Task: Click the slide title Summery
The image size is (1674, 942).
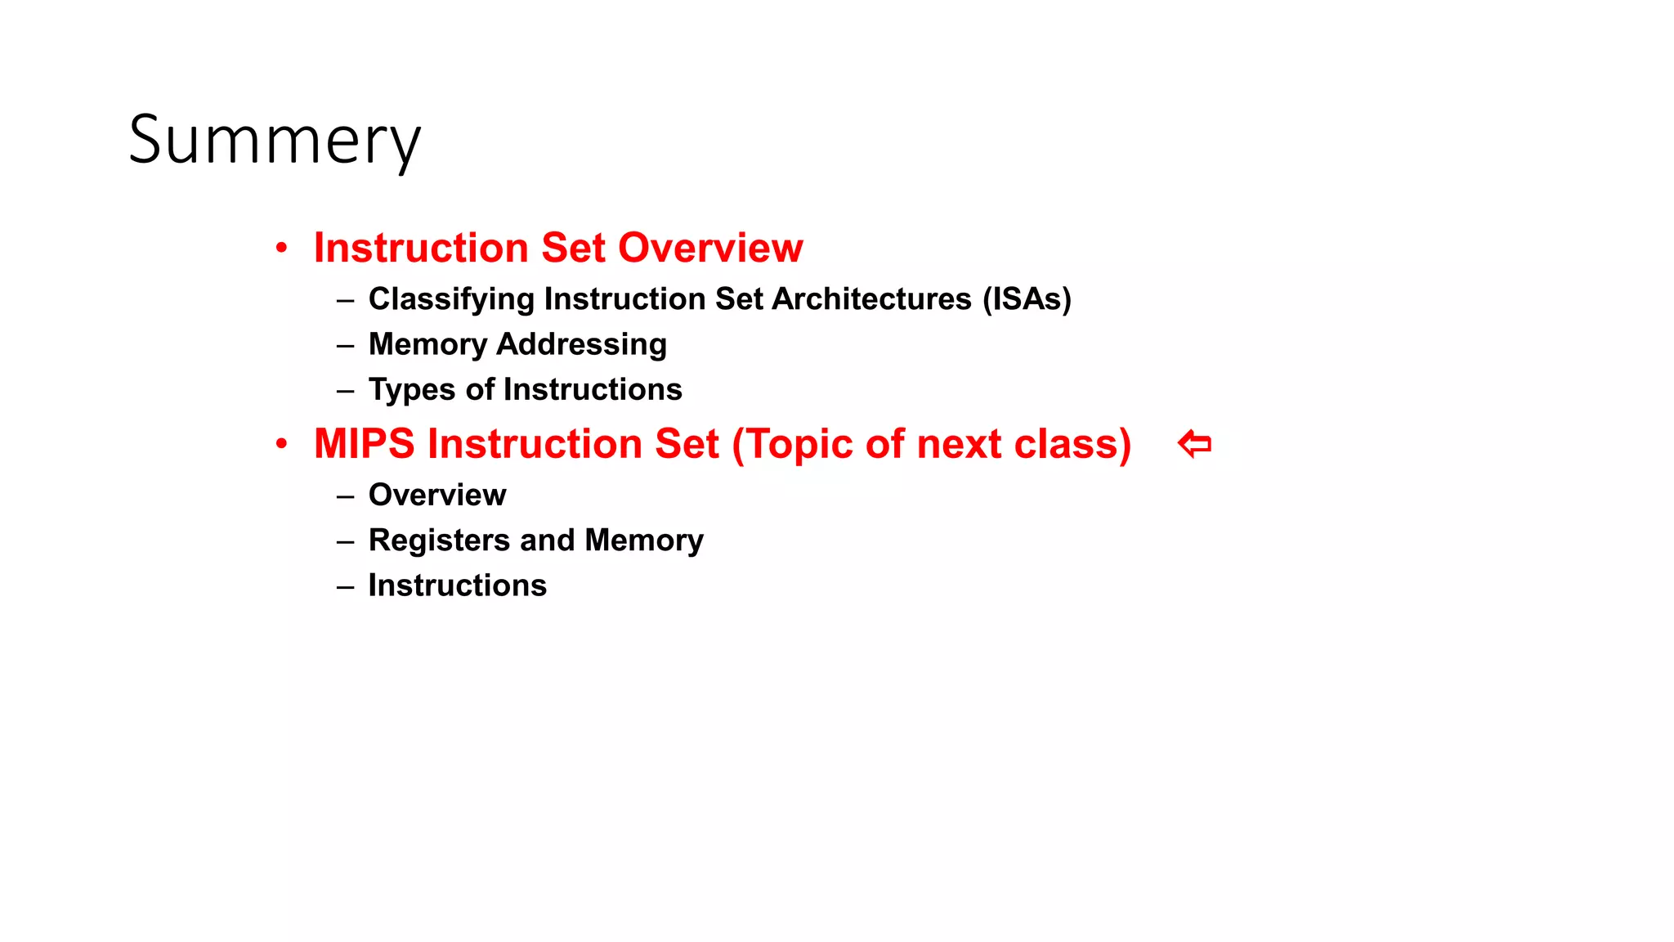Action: pyautogui.click(x=275, y=141)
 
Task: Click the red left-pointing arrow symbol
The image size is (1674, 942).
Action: pyautogui.click(x=1194, y=444)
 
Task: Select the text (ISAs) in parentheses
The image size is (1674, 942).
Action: pyautogui.click(x=1027, y=299)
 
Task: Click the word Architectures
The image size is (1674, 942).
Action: pyautogui.click(x=871, y=299)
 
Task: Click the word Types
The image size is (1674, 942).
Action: pyautogui.click(x=412, y=390)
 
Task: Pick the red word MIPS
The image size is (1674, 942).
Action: pyautogui.click(x=365, y=444)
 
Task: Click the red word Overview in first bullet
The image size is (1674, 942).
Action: pyautogui.click(x=710, y=248)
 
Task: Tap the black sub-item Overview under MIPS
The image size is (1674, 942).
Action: pyautogui.click(x=437, y=495)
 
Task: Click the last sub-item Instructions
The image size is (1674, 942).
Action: pyautogui.click(x=457, y=585)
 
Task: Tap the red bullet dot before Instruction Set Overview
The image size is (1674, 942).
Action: pyautogui.click(x=281, y=248)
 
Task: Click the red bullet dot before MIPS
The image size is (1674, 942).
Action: pyautogui.click(x=281, y=444)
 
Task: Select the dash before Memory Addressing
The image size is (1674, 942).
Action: pyautogui.click(x=345, y=345)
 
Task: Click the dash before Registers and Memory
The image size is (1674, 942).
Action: pyautogui.click(x=345, y=541)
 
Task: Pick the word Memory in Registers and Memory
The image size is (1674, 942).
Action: pyautogui.click(x=644, y=541)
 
